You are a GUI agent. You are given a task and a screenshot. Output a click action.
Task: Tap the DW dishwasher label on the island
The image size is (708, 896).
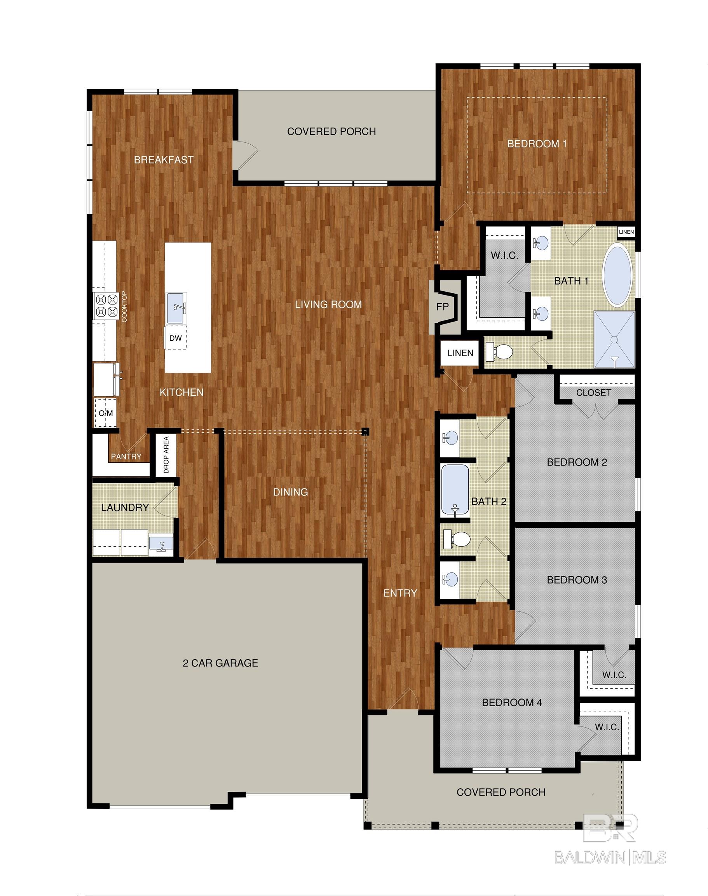(x=175, y=338)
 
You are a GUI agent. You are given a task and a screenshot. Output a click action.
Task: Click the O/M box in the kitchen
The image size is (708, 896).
(x=105, y=413)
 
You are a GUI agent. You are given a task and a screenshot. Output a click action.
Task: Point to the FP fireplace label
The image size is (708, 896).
(x=443, y=306)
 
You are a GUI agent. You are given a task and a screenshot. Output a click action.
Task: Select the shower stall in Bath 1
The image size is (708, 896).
(x=614, y=340)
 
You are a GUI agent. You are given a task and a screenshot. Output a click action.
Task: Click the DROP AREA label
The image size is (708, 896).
(x=166, y=455)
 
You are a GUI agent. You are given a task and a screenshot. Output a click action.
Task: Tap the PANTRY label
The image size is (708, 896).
(x=126, y=456)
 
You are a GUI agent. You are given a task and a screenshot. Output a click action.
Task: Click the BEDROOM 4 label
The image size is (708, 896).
(x=512, y=702)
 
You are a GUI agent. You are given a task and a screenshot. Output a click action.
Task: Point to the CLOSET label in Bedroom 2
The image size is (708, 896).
(x=594, y=392)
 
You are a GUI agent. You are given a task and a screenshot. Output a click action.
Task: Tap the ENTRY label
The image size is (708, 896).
(x=400, y=593)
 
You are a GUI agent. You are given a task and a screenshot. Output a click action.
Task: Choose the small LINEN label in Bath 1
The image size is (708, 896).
(x=626, y=232)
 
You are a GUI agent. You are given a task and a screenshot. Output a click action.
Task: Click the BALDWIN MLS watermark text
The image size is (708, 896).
(x=610, y=857)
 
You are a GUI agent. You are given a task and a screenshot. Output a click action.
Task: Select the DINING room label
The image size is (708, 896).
(x=290, y=492)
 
